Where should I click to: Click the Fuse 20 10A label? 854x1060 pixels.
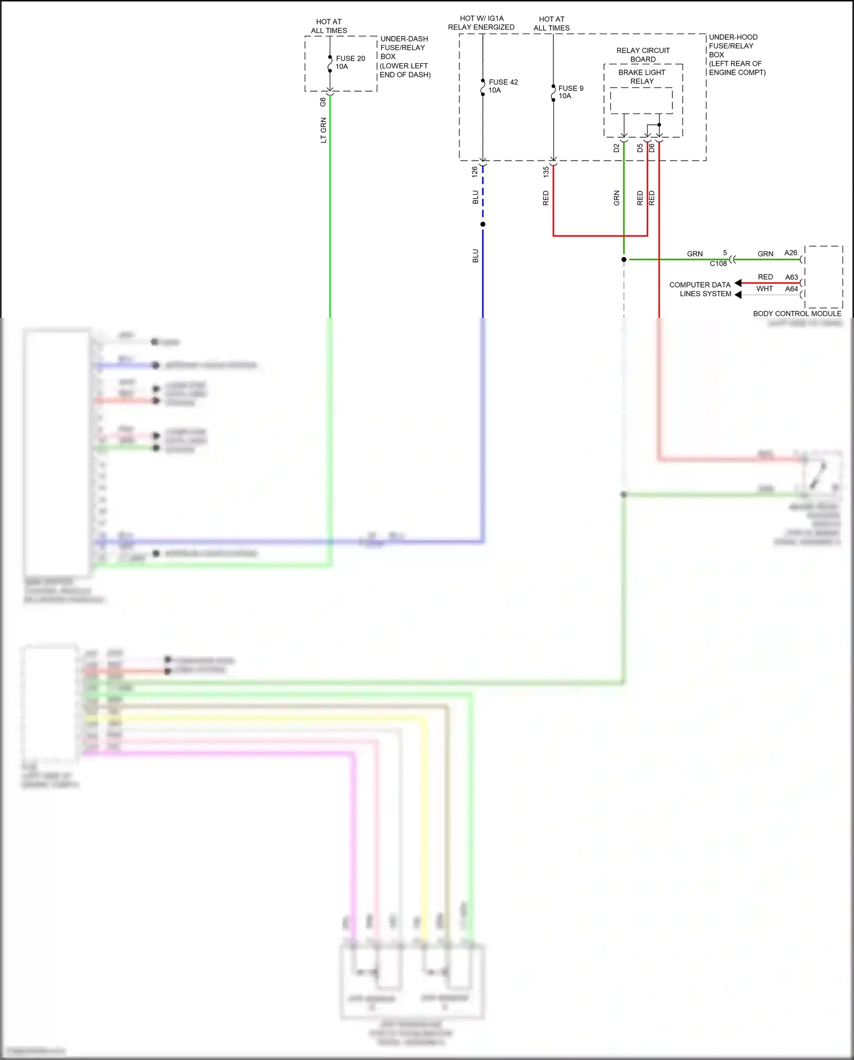point(350,63)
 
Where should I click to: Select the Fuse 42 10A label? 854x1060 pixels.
point(503,86)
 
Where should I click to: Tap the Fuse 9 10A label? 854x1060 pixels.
point(570,92)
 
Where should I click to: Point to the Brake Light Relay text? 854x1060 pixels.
point(642,77)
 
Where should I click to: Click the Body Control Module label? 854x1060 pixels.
point(796,314)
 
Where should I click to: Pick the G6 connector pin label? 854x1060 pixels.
point(323,102)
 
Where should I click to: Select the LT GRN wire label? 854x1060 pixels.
point(323,130)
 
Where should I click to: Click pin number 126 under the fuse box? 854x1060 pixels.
point(475,170)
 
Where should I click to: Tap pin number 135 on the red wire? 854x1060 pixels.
point(546,171)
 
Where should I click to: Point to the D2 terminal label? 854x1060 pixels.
point(616,148)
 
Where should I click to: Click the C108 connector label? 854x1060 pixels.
point(718,264)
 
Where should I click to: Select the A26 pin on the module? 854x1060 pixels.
point(790,253)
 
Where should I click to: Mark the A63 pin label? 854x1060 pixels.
point(791,277)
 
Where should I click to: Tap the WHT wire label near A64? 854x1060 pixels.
point(764,289)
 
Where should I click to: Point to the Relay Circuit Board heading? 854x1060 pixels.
point(643,55)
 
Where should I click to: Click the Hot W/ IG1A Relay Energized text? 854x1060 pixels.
point(481,23)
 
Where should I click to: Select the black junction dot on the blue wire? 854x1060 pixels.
point(483,224)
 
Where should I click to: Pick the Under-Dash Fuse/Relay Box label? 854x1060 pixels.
point(405,56)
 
